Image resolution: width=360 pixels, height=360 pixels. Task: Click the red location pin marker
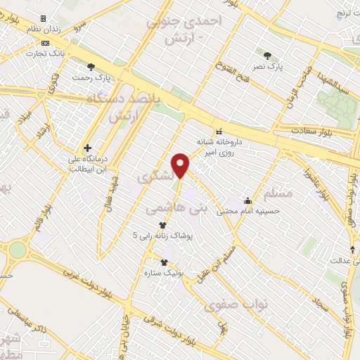[x=181, y=165]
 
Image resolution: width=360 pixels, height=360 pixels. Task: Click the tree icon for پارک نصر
[x=266, y=55]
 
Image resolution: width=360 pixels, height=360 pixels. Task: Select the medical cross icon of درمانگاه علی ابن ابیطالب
[x=87, y=148]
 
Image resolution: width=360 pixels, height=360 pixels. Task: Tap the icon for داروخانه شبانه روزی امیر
[x=219, y=131]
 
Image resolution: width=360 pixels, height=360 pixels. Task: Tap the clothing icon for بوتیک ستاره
[x=165, y=262]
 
